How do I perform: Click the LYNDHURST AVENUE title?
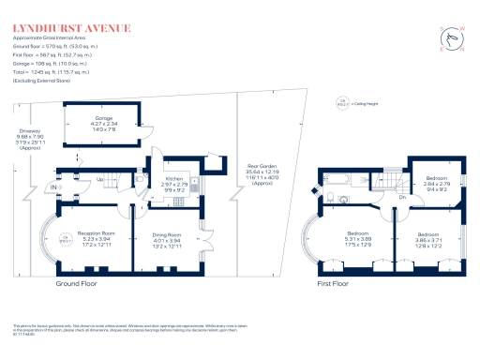pyautogui.click(x=71, y=29)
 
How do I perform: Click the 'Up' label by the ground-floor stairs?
pyautogui.click(x=100, y=179)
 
